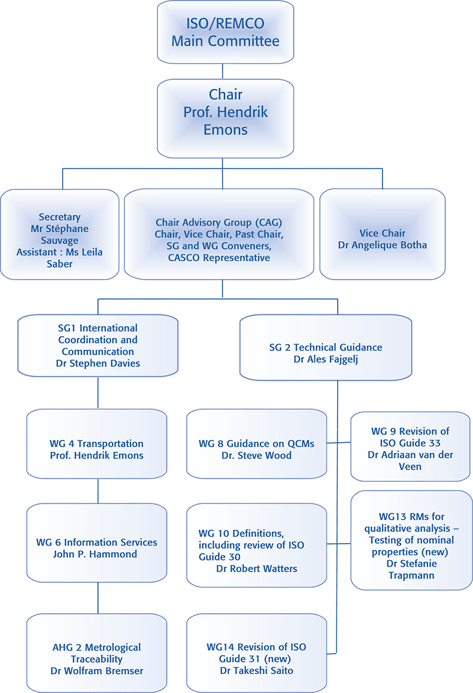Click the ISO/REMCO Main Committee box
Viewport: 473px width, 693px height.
(225, 34)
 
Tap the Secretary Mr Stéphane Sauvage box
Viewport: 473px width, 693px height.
(59, 234)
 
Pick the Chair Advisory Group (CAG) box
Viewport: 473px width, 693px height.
(219, 234)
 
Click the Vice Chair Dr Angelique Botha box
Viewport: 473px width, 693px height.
(382, 234)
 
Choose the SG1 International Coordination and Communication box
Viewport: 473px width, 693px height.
(98, 346)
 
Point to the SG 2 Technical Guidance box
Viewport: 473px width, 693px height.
(325, 347)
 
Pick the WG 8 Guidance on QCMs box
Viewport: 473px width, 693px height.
(256, 449)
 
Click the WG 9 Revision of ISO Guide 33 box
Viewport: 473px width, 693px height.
(410, 446)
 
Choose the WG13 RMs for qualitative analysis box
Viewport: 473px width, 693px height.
(411, 540)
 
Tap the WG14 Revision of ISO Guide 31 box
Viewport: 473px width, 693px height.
(256, 653)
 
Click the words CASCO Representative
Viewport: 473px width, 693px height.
(219, 258)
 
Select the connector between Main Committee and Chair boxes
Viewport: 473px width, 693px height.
(223, 71)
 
